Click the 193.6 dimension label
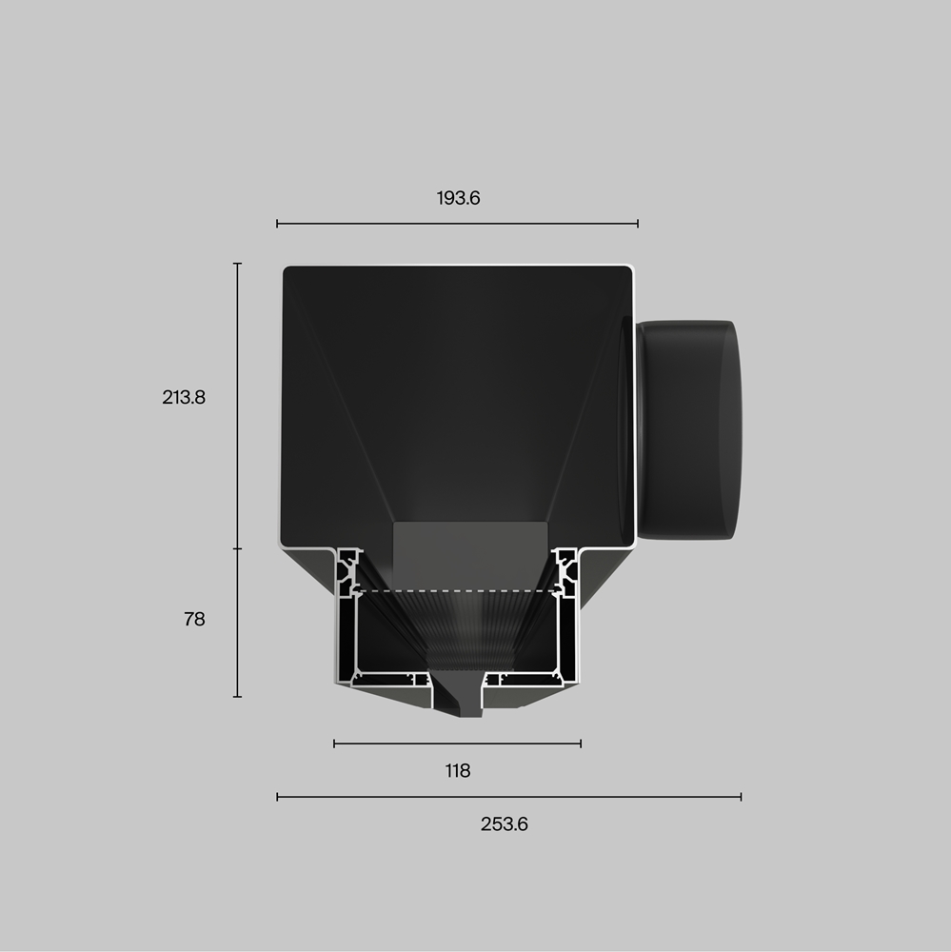[458, 199]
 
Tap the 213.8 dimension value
[184, 398]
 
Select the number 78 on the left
[194, 620]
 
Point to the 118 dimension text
[457, 771]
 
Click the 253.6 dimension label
[504, 824]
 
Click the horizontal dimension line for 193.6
[457, 224]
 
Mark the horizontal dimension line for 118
[457, 744]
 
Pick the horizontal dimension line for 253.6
[509, 797]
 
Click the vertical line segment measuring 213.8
[237, 406]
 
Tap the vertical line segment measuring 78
[237, 623]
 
